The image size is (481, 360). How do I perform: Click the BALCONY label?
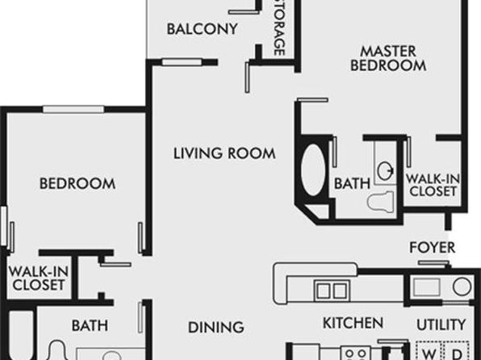(202, 29)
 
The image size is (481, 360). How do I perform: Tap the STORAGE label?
(278, 28)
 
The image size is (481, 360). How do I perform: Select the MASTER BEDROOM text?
(388, 58)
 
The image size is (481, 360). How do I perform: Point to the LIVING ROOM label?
(224, 153)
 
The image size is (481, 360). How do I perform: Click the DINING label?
(216, 328)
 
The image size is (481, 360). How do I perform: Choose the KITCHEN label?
(353, 323)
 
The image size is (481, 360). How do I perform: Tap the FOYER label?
(433, 247)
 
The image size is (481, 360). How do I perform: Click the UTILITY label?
(441, 324)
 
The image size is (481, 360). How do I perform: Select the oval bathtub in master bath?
(313, 170)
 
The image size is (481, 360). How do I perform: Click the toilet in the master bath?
(381, 201)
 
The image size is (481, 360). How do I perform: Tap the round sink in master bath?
(385, 170)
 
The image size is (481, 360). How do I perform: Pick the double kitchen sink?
(332, 290)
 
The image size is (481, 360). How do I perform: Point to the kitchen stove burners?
(356, 353)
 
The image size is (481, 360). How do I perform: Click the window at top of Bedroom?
(73, 109)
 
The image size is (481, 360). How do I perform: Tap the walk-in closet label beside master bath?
(433, 185)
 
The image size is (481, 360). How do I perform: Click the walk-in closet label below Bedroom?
(39, 278)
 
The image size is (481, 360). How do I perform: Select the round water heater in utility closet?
(462, 287)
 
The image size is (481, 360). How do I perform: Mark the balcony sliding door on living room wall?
(182, 62)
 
